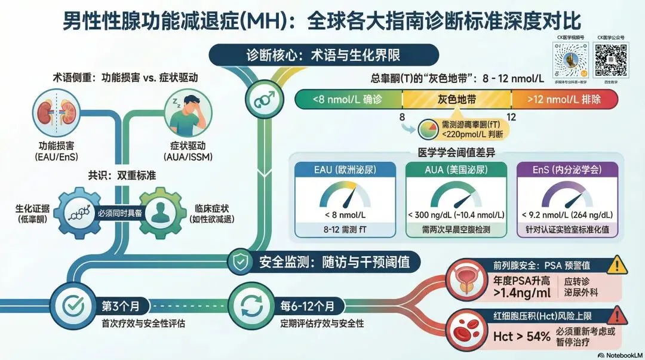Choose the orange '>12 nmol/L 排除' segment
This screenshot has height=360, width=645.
pyautogui.click(x=564, y=99)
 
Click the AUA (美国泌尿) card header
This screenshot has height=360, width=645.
pyautogui.click(x=456, y=170)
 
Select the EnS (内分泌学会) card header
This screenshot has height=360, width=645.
pyautogui.click(x=566, y=170)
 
